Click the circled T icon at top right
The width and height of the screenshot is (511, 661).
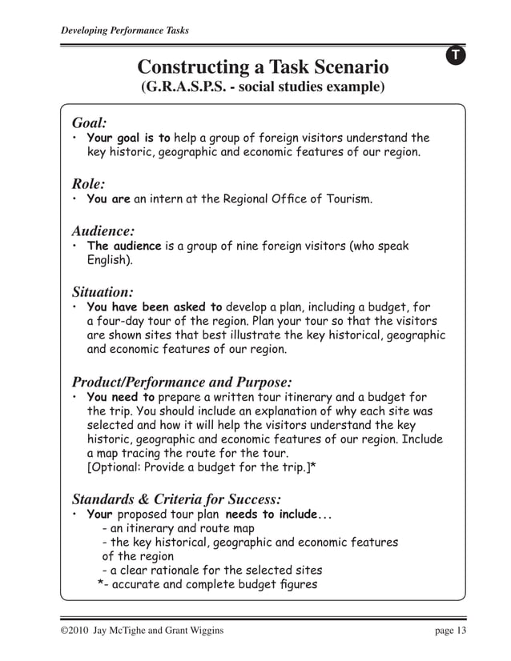click(x=454, y=55)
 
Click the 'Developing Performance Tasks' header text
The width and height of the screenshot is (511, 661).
click(x=125, y=31)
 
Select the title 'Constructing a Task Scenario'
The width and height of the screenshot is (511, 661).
click(x=263, y=66)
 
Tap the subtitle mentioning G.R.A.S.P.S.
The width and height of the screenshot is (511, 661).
click(x=263, y=86)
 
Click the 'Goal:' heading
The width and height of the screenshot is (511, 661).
click(x=90, y=122)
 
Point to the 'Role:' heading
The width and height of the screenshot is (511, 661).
click(x=89, y=183)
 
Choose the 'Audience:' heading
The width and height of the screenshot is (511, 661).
click(x=103, y=230)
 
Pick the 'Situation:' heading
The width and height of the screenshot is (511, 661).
click(x=103, y=291)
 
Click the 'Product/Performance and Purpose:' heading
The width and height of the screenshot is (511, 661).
click(x=182, y=381)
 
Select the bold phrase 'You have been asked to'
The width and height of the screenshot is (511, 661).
click(x=155, y=306)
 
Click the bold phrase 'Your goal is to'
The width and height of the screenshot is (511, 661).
click(x=128, y=138)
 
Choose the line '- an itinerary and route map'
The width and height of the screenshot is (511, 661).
click(x=178, y=528)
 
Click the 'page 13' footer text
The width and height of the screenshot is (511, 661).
click(x=450, y=631)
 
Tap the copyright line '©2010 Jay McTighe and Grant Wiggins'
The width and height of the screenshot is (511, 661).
click(x=143, y=631)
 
